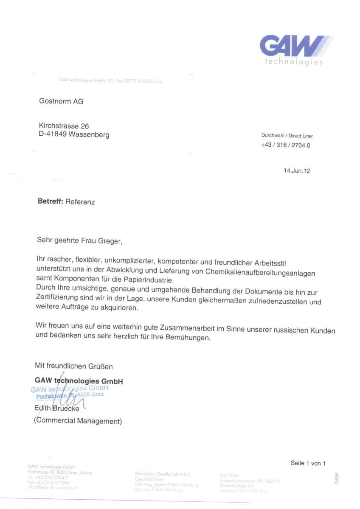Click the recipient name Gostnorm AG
pos(61,101)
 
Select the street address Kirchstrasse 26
pos(64,126)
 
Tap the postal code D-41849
pos(53,135)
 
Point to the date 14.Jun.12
pos(297,171)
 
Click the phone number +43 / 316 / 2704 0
pos(286,145)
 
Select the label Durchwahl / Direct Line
pos(287,136)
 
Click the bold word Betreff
pos(50,201)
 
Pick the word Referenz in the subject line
pos(80,202)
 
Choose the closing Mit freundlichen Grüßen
pos(74,366)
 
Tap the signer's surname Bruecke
pos(66,409)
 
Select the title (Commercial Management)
pos(78,421)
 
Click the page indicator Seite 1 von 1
pos(308,463)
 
